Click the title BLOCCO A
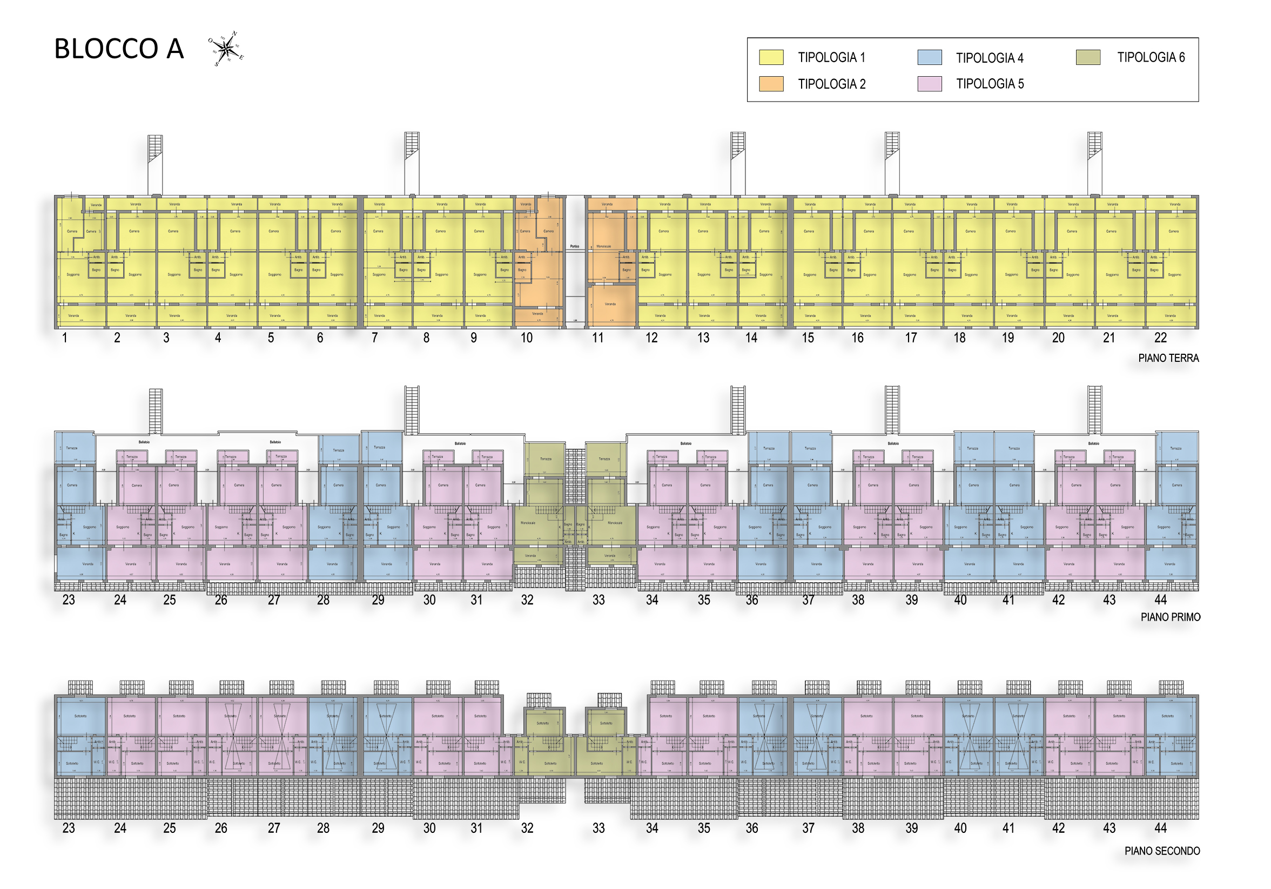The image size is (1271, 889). coord(118,49)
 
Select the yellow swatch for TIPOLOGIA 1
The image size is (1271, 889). coord(771,57)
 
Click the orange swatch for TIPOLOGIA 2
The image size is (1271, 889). coord(771,84)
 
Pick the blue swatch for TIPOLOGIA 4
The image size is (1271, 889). coord(930,57)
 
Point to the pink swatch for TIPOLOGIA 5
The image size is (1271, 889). coord(930,84)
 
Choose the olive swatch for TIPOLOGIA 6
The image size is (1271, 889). coord(1088,57)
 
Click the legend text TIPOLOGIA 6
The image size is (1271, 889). coord(1151,57)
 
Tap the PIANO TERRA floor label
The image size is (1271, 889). coord(1168,358)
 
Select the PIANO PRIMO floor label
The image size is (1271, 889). coord(1170,617)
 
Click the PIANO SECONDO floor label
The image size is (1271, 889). coord(1162,851)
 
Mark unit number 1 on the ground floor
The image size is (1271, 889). coord(65,338)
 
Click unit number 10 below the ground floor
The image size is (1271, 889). coord(527,338)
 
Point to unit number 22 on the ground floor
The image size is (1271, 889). coord(1160,338)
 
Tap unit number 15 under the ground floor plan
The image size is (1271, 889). coord(808,338)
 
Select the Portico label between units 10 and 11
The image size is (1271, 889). coord(575,246)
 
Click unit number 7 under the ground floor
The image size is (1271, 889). coord(375,338)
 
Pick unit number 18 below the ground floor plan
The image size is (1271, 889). coord(959,338)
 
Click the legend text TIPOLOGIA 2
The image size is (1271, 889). coord(831,84)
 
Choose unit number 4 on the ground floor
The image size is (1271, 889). coord(218,338)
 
